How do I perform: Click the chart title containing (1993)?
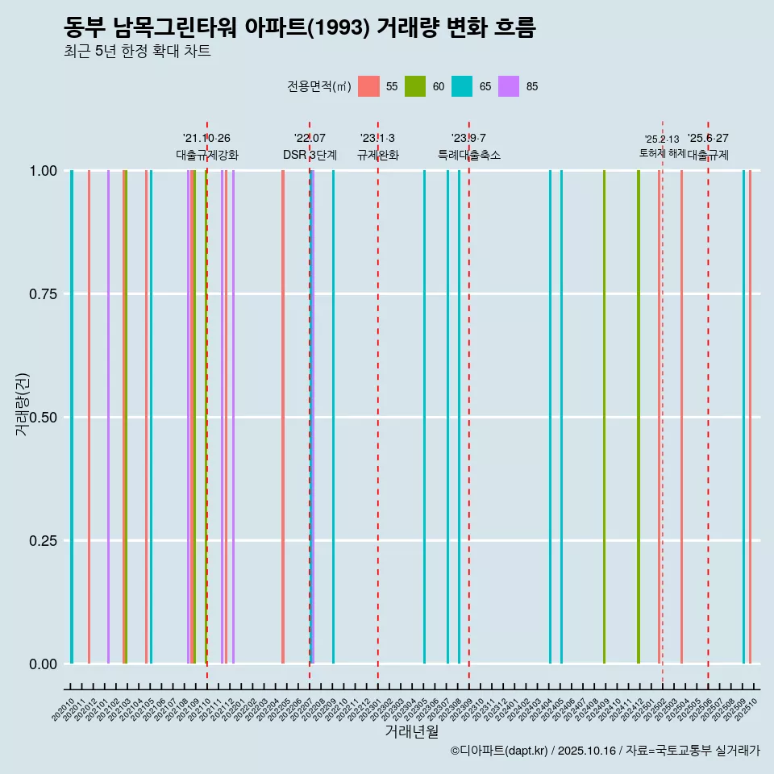tap(300, 27)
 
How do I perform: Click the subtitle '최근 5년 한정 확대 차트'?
tap(137, 52)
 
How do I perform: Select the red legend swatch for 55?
tap(368, 86)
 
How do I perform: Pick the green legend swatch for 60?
tap(415, 86)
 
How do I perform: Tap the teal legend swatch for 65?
tap(462, 86)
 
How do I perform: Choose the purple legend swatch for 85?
tap(509, 86)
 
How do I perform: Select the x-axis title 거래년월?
tap(412, 731)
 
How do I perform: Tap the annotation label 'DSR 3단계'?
tap(310, 155)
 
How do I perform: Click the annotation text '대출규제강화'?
tap(207, 155)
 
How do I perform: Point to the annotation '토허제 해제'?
tap(662, 152)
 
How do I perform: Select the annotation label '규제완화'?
tap(378, 155)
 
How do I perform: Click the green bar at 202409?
tap(604, 417)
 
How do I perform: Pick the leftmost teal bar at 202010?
tap(72, 417)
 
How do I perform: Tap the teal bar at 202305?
tap(424, 417)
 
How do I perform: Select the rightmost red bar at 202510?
tap(750, 417)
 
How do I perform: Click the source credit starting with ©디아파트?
tap(605, 751)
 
